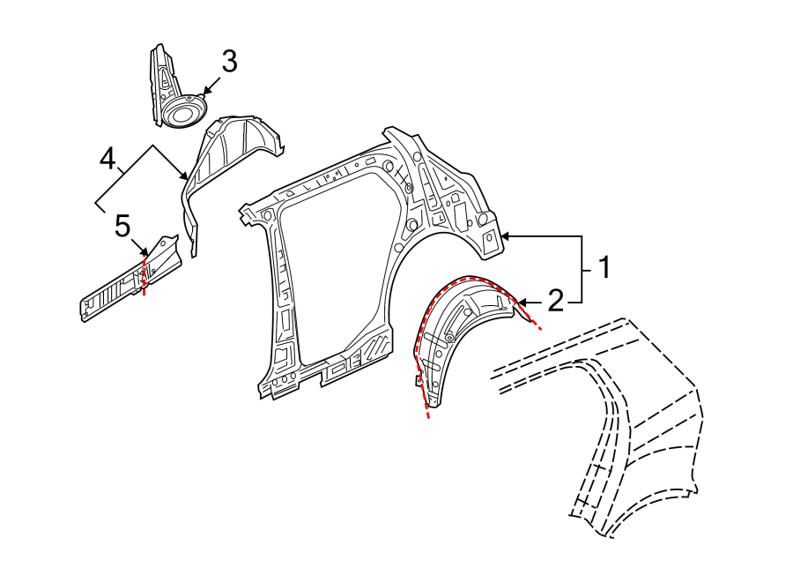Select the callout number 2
(555, 301)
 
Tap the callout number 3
(229, 61)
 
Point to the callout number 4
(107, 159)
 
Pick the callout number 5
(122, 226)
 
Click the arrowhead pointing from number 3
(205, 92)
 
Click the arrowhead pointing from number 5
(145, 251)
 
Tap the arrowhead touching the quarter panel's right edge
(505, 236)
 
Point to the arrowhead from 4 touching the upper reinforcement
(185, 176)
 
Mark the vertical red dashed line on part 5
(145, 275)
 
